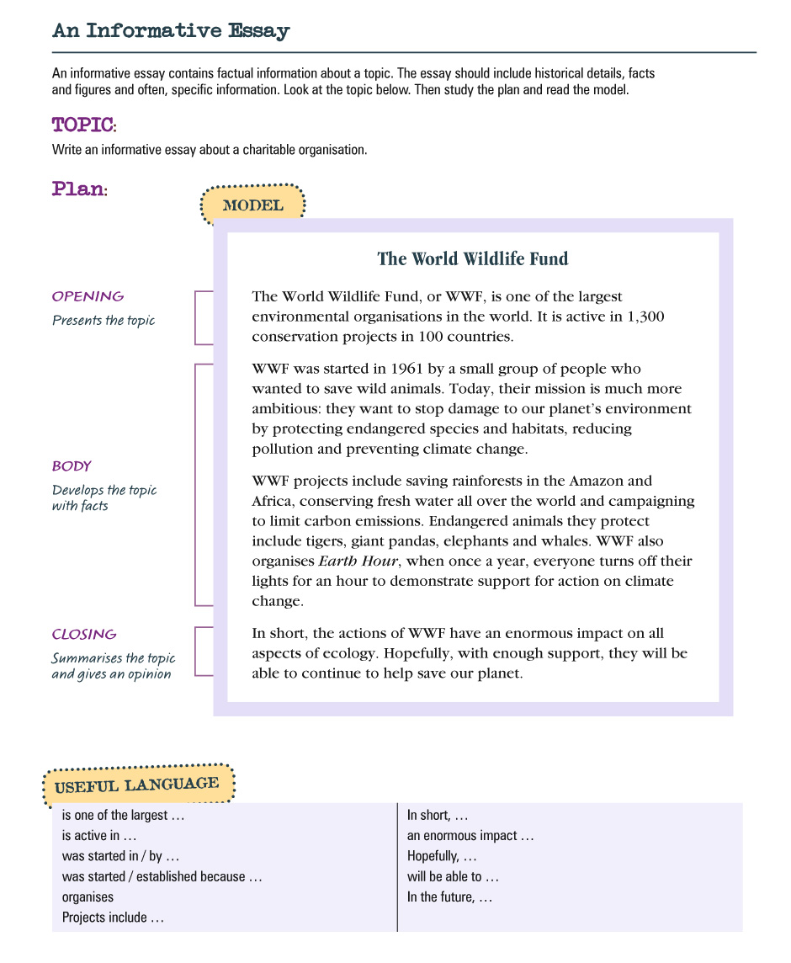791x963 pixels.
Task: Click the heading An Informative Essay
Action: tap(171, 31)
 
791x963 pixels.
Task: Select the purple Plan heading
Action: tap(79, 189)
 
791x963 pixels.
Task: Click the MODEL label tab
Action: tap(252, 205)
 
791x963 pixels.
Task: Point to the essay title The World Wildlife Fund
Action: tap(472, 258)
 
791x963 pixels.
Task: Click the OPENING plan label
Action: tap(88, 296)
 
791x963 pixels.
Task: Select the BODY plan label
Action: tap(72, 466)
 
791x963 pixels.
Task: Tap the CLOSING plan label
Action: tap(84, 635)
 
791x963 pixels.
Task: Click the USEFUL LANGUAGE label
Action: tap(137, 785)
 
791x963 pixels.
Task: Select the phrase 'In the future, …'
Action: tap(449, 897)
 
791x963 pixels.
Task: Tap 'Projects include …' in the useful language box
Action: tap(113, 918)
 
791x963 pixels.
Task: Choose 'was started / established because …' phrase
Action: tap(162, 877)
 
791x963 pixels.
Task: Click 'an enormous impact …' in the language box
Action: tap(470, 836)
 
